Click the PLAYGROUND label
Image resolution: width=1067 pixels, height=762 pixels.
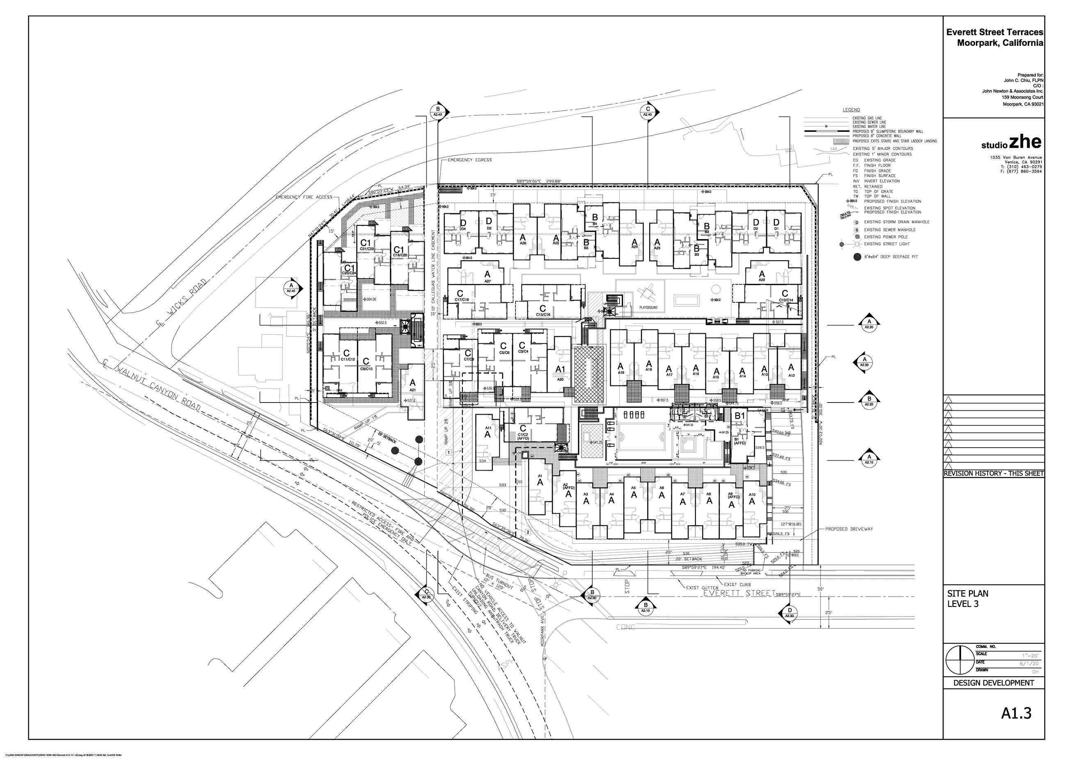[648, 308]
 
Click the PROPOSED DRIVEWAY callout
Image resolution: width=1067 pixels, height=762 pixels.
[849, 529]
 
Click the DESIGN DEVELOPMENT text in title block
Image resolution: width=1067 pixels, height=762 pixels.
[993, 683]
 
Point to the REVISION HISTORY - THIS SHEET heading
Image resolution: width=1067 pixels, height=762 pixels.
[993, 474]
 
